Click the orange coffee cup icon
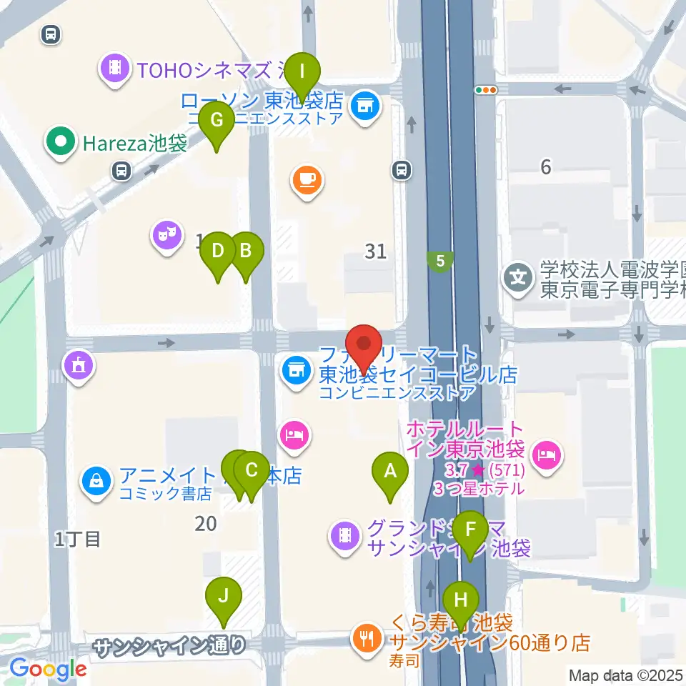[x=307, y=179]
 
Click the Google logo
[x=48, y=669]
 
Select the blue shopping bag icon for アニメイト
[x=96, y=479]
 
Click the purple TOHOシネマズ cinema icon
[x=114, y=69]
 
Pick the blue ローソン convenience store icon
[x=365, y=106]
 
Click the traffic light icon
[x=487, y=90]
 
